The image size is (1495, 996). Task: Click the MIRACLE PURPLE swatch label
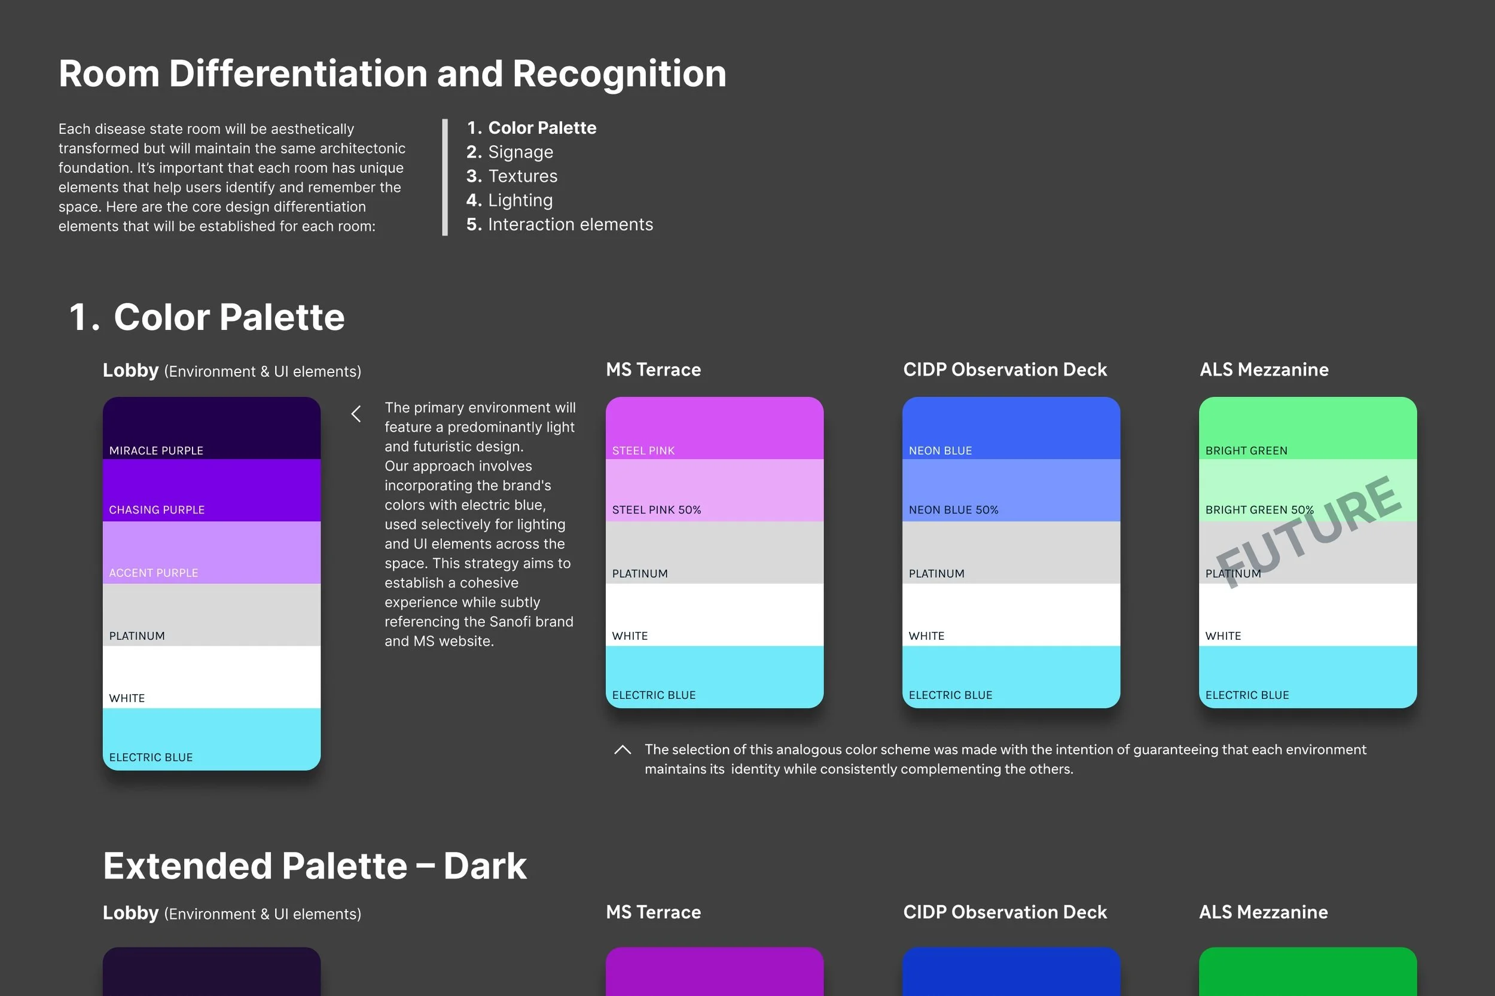coord(155,450)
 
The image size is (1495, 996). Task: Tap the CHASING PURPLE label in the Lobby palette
coord(156,509)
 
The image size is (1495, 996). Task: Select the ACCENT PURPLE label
coord(153,572)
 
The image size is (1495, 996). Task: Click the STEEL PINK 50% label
coord(657,509)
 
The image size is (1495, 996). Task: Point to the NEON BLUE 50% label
coord(953,509)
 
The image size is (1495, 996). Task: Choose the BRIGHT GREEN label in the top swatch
coord(1246,450)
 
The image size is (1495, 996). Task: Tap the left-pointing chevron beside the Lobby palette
coord(356,414)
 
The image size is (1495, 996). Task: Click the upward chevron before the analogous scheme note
coord(623,750)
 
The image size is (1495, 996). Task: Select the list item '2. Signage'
coord(509,152)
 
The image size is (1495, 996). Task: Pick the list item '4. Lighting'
coord(509,200)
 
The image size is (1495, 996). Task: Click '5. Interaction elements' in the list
coord(559,224)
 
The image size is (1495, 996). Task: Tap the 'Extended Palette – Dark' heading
coord(315,865)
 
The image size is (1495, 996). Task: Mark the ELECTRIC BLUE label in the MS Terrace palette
coord(654,695)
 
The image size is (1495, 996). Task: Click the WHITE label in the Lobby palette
coord(127,698)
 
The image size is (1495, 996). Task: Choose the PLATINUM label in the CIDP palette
coord(936,573)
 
